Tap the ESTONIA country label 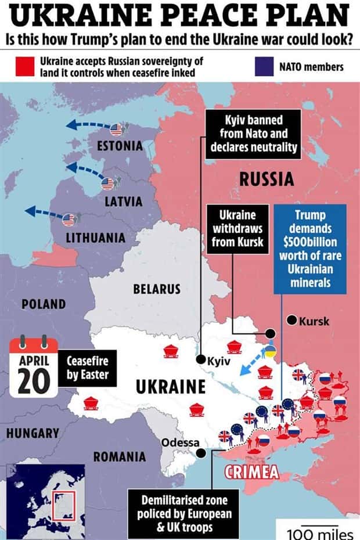tap(119, 146)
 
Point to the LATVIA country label tap(123, 201)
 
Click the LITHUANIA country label tap(95, 238)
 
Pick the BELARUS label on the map tap(156, 289)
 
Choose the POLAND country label tap(44, 304)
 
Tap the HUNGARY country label tap(33, 433)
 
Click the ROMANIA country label tap(120, 456)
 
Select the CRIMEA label tap(251, 471)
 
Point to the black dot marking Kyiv tap(200, 359)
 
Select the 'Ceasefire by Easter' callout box tap(87, 368)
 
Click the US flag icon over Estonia tap(116, 129)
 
